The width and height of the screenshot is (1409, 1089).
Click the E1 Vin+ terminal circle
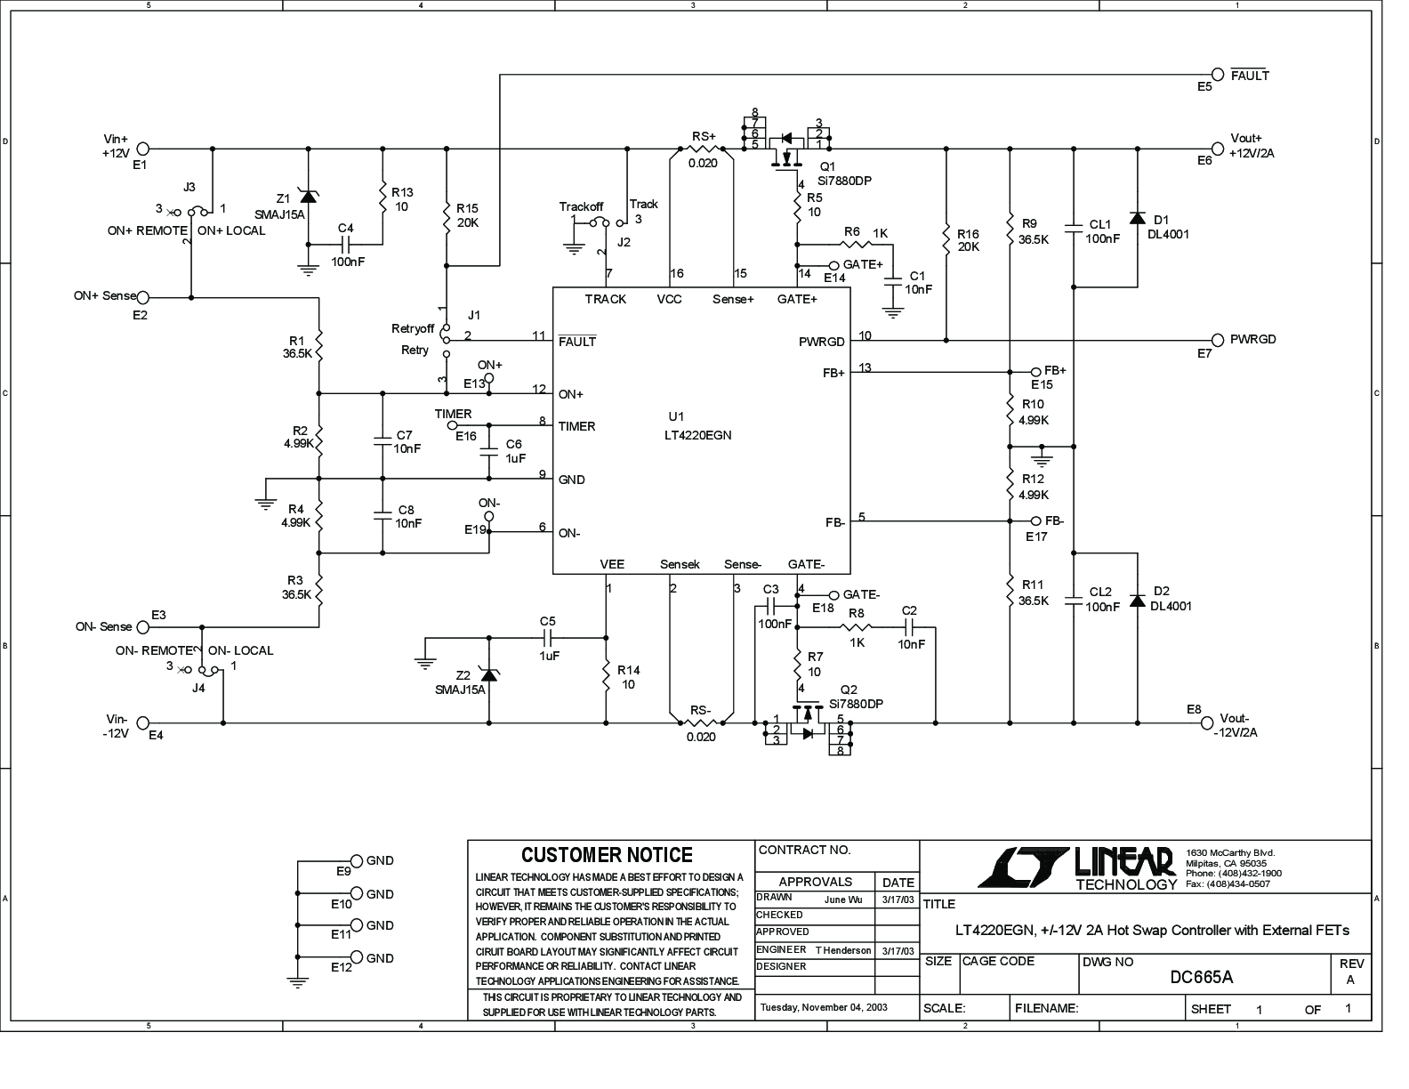tap(142, 149)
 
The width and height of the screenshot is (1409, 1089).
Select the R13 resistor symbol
tap(382, 200)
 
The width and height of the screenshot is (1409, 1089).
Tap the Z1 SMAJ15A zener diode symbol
tap(308, 197)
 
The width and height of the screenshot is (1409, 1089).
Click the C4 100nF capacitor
tap(346, 242)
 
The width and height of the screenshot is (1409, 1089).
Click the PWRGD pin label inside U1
tap(822, 342)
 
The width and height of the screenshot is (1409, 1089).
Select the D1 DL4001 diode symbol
tap(1136, 219)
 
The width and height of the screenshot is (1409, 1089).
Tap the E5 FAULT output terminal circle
tap(1218, 76)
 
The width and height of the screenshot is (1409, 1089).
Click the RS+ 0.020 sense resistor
tap(703, 149)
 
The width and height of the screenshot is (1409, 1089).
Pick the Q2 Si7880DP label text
tap(855, 704)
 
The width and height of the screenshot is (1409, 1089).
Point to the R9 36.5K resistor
tap(1010, 230)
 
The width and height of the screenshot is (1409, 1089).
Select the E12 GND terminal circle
tap(357, 957)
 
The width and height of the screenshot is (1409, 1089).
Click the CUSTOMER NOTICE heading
tap(607, 855)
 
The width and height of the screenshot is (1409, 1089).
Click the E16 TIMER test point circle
tap(451, 425)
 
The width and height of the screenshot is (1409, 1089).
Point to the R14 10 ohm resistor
tap(607, 676)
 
